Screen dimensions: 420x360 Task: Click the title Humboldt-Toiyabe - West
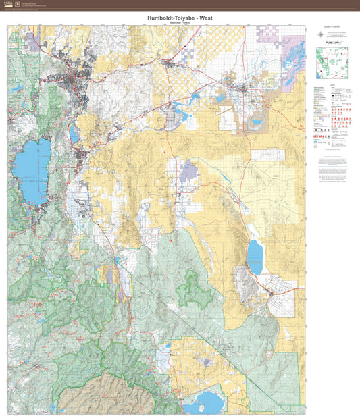coord(180,18)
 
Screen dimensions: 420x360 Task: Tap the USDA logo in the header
coord(7,4)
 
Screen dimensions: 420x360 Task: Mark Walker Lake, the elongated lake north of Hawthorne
coord(254,256)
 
